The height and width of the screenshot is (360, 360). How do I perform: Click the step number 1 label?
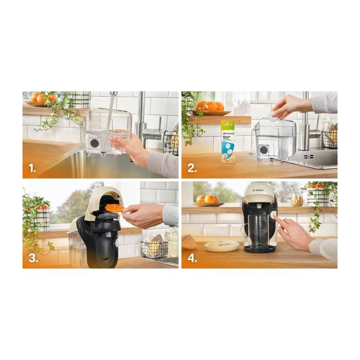point(31,169)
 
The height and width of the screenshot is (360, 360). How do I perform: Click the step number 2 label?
point(192,169)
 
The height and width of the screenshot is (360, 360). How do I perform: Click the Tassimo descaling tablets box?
point(228,141)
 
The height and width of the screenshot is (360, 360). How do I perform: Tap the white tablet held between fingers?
point(273,115)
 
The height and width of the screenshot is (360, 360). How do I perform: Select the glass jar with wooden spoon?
point(297,198)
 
